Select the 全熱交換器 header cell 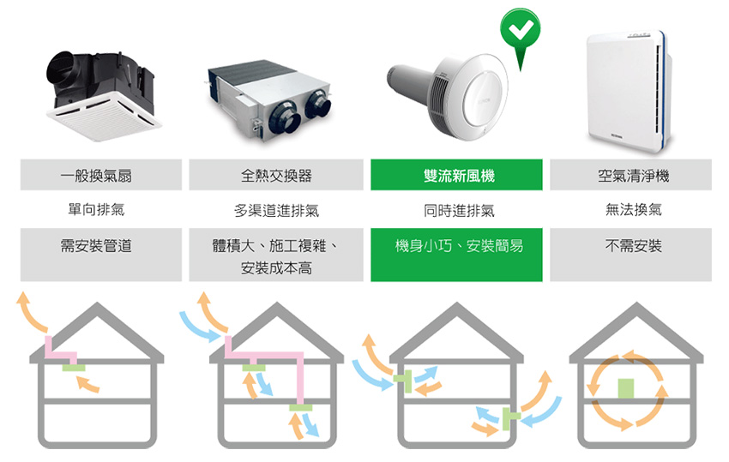276,175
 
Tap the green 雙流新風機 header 457,175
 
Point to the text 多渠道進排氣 276,210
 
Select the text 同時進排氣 458,210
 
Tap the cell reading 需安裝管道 96,246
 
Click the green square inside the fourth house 626,388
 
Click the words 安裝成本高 276,268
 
